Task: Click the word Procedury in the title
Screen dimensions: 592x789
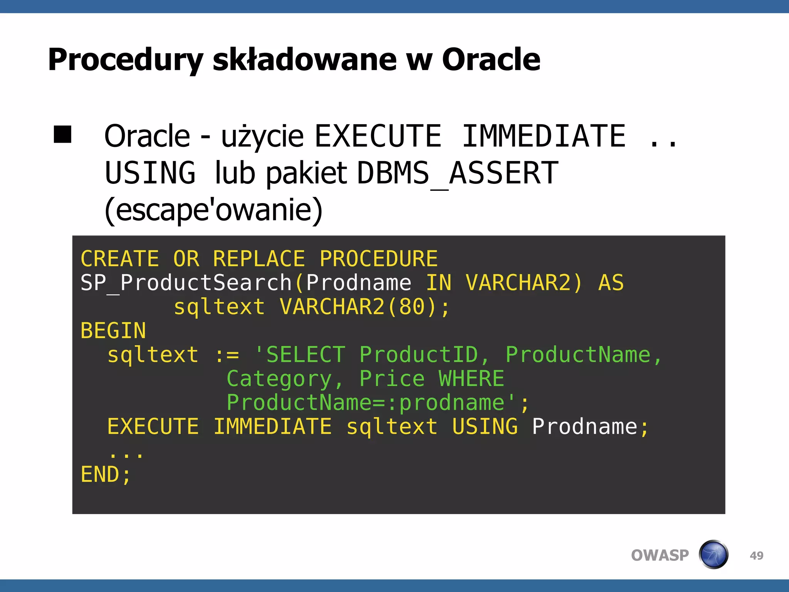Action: coord(125,60)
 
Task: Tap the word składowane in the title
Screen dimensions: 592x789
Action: coord(304,60)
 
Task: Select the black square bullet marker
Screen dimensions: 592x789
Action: coord(62,135)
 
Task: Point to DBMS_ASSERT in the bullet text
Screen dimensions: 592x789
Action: coord(457,173)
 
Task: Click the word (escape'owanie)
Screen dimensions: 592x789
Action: coord(213,210)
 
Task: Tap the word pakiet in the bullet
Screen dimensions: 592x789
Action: coord(307,173)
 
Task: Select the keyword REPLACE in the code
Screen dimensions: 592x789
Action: coord(259,259)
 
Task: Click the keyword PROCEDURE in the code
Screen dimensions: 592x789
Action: coord(379,259)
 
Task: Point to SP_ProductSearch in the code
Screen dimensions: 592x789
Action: coord(186,283)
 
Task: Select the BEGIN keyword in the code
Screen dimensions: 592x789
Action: coord(113,331)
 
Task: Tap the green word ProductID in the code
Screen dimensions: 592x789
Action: coord(419,355)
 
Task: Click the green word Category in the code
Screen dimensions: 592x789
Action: coord(279,378)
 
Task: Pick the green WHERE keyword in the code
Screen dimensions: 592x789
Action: coord(471,378)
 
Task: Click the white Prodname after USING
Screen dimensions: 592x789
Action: coord(584,427)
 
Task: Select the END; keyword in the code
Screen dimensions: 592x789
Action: coord(106,474)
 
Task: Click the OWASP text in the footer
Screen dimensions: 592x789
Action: coord(660,555)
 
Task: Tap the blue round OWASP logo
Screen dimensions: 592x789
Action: coord(713,555)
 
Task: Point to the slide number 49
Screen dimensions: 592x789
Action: coord(757,555)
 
